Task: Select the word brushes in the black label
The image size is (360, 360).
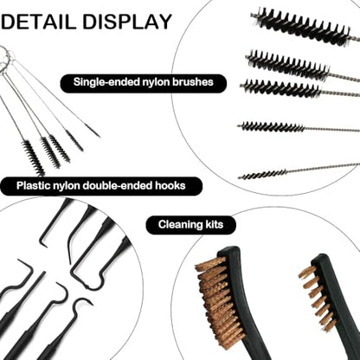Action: pos(193,82)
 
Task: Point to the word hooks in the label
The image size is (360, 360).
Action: pos(170,185)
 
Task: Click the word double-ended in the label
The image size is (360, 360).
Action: pos(118,185)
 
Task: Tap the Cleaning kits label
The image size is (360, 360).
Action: pos(190,224)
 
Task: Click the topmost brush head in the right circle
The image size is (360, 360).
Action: pos(301,26)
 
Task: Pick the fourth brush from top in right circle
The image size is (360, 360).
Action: pos(272,126)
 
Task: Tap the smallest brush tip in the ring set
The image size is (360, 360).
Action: pos(92,130)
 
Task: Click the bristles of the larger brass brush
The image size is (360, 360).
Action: pos(215,301)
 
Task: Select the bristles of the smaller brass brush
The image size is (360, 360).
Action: pos(317,297)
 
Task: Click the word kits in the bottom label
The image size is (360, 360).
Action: pos(214,224)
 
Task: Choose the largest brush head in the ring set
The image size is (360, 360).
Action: pos(34,157)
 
